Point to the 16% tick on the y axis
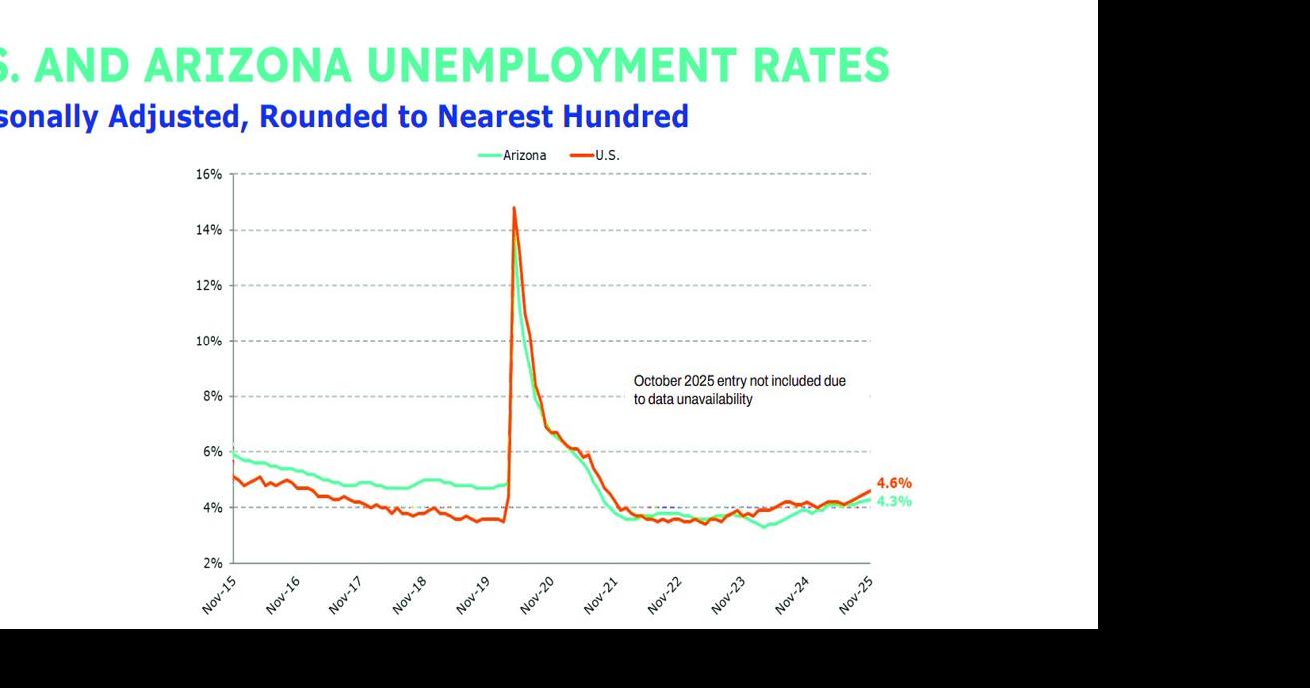tap(208, 174)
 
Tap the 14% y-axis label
tap(208, 230)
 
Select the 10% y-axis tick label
tap(208, 341)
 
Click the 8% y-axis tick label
tap(211, 396)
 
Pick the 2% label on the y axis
tap(211, 563)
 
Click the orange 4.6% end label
tap(894, 484)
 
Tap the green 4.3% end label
tap(894, 501)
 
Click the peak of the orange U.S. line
tap(514, 208)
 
